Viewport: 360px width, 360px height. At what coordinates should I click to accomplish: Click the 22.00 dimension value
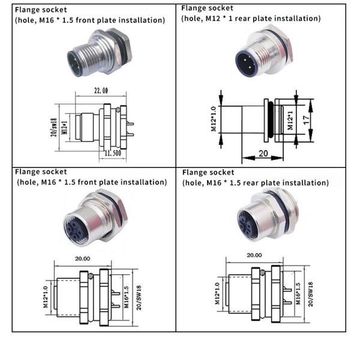tap(100, 91)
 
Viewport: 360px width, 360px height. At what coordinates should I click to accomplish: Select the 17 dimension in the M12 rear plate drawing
tap(307, 119)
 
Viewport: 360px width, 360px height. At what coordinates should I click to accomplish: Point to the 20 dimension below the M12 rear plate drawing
tap(263, 153)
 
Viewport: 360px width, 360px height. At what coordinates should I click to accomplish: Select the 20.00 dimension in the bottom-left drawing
tap(82, 258)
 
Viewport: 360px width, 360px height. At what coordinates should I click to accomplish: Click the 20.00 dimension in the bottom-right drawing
tap(254, 254)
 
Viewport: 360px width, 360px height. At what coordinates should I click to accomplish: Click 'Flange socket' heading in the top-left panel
tap(41, 10)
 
